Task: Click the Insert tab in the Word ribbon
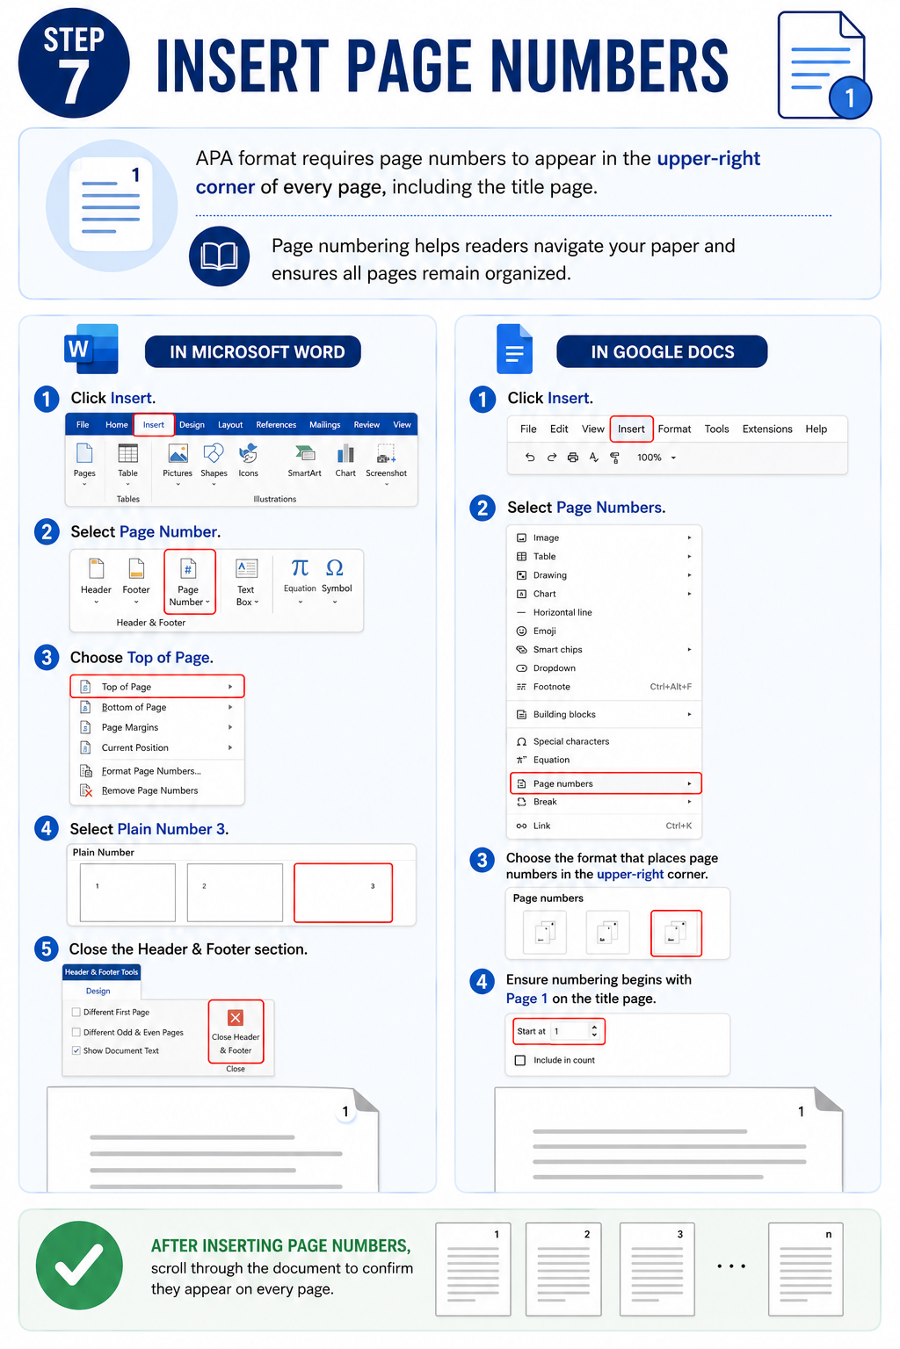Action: [x=154, y=424]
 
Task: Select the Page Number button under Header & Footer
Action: [x=189, y=581]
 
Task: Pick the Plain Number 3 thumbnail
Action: [x=343, y=892]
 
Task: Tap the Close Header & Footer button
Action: [x=236, y=1032]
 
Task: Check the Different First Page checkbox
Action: [x=76, y=1013]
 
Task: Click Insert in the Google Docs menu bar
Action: [x=631, y=429]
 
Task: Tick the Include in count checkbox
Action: [x=520, y=1060]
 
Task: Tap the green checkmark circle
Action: [x=80, y=1266]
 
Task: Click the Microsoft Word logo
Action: [x=91, y=349]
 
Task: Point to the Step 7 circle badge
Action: [x=74, y=62]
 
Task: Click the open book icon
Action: [x=220, y=256]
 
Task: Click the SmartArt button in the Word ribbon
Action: [x=304, y=461]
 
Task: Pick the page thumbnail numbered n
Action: [x=805, y=1269]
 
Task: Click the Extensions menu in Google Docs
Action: [x=766, y=429]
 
